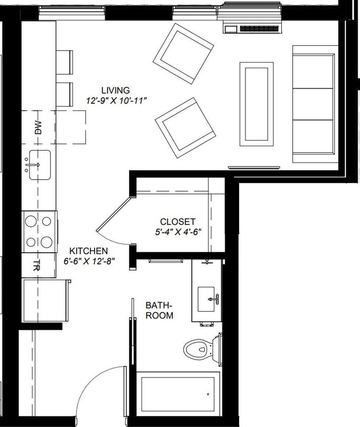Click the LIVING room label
pyautogui.click(x=115, y=90)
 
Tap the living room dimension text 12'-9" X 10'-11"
pyautogui.click(x=116, y=101)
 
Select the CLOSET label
pyautogui.click(x=177, y=222)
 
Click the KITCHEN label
pyautogui.click(x=88, y=251)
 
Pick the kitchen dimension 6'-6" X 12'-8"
pyautogui.click(x=89, y=262)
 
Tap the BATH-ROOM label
pyautogui.click(x=159, y=310)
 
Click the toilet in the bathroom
pyautogui.click(x=200, y=349)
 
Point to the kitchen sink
pyautogui.click(x=39, y=165)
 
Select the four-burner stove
pyautogui.click(x=39, y=231)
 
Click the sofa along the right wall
pyautogui.click(x=313, y=104)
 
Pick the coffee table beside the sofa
pyautogui.click(x=256, y=104)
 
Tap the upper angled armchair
pyautogui.click(x=183, y=53)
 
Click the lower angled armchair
pyautogui.click(x=185, y=127)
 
